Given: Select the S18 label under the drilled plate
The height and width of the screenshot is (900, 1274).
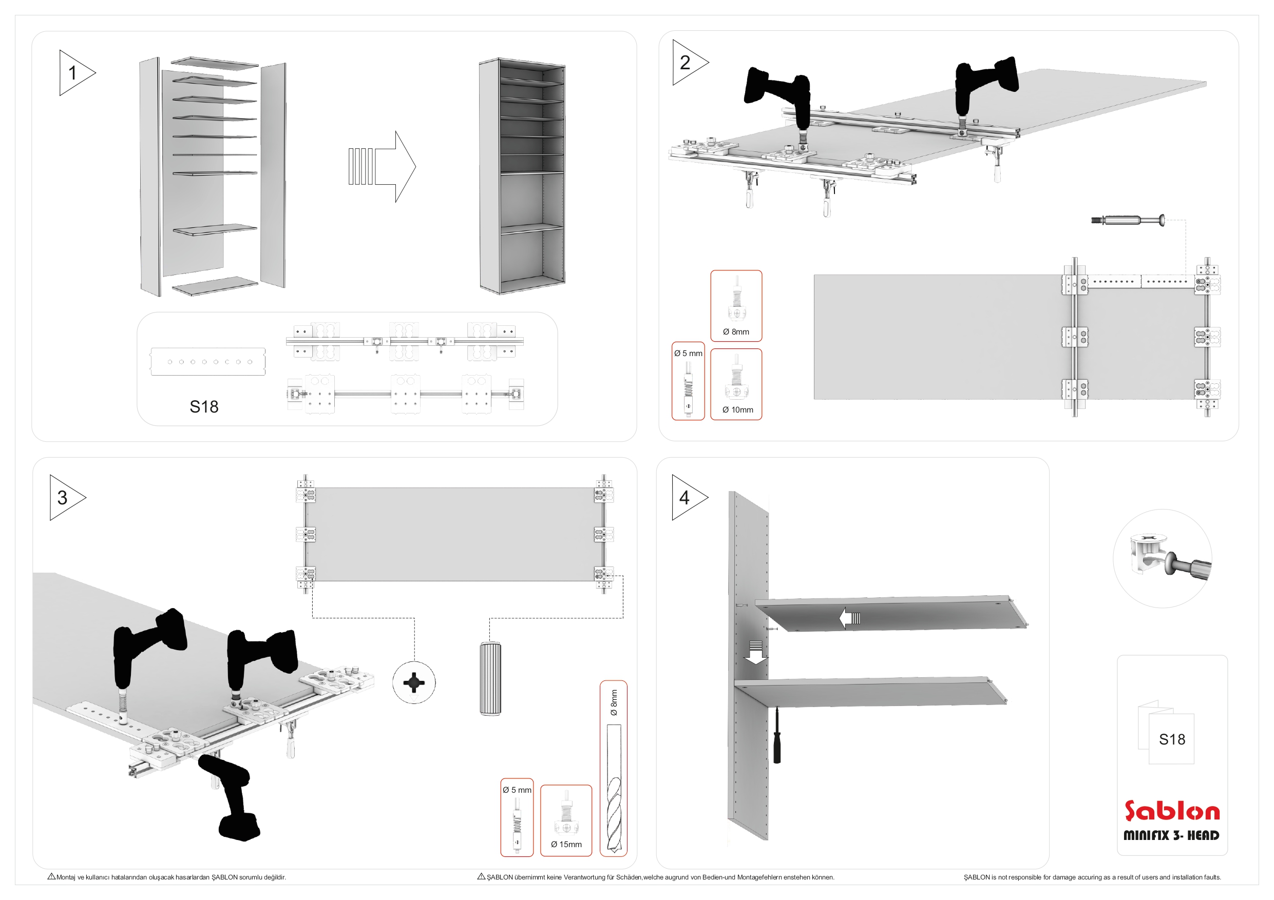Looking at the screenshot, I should click(204, 407).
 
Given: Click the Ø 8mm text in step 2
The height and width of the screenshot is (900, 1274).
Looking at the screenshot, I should click(736, 331).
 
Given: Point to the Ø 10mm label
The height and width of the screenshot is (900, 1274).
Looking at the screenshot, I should click(737, 410).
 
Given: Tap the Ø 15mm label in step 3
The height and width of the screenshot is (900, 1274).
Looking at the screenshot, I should click(566, 844).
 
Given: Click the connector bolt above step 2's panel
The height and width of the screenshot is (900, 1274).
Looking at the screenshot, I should click(1128, 220).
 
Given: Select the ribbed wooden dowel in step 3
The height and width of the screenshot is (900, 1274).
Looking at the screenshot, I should click(490, 678).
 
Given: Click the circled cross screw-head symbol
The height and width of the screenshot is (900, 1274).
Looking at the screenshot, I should click(414, 682).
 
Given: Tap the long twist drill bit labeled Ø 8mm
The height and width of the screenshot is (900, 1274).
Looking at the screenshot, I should click(614, 788).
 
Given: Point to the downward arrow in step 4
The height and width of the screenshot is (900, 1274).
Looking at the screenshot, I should click(755, 653).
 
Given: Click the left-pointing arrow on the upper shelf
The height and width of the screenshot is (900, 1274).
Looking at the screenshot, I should click(849, 618).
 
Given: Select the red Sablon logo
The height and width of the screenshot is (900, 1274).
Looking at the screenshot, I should click(1171, 811).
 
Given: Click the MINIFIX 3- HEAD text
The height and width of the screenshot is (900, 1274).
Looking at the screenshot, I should click(1171, 835).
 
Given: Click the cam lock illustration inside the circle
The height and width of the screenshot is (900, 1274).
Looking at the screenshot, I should click(1163, 557).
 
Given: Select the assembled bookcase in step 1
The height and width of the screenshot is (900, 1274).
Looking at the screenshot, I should click(522, 176).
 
